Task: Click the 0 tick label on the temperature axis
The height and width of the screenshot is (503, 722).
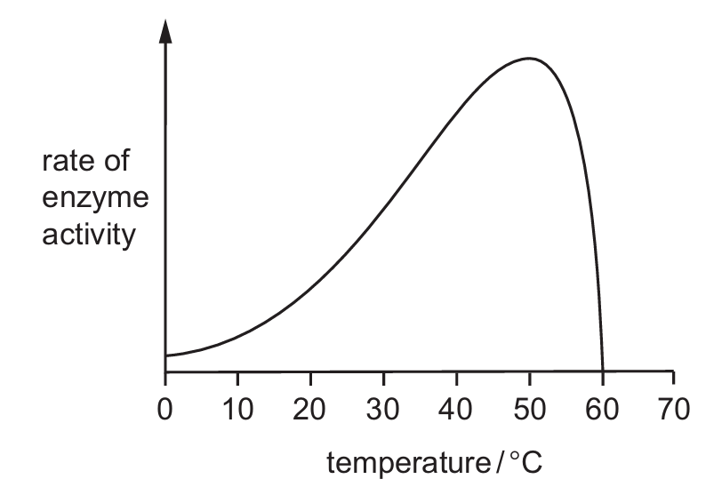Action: coord(165,410)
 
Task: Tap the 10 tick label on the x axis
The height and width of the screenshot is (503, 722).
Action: coord(237,410)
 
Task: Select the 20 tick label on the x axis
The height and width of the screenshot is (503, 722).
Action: coord(310,410)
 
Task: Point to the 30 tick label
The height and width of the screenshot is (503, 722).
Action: coord(383,410)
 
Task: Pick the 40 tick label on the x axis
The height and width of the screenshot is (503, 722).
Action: coord(456,410)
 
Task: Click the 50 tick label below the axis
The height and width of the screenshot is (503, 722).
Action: coord(529,410)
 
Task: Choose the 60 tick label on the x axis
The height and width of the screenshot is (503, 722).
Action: coord(602,410)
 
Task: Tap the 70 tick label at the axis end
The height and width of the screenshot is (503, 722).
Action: coord(674,410)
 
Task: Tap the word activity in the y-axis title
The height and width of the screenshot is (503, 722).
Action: coord(87,237)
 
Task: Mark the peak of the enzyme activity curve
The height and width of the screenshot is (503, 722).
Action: coord(528,59)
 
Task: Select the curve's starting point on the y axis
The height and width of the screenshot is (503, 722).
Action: coord(166,356)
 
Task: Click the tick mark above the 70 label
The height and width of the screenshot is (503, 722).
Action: coord(674,378)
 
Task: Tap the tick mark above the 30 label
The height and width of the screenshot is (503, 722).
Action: coord(383,378)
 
